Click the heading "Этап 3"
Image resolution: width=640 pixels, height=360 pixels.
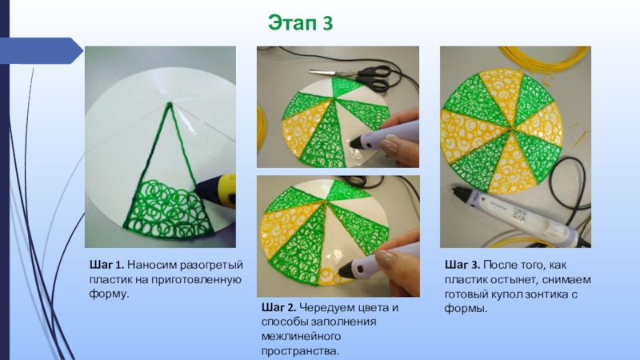(301, 23)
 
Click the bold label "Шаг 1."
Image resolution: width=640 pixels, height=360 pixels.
(106, 265)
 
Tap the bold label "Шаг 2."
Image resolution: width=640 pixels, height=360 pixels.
(278, 307)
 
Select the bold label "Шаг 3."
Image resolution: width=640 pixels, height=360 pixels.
(462, 265)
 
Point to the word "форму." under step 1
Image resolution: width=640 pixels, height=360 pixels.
(109, 294)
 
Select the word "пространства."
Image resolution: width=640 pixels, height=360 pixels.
(300, 351)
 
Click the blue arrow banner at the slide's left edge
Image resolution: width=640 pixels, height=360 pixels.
(41, 50)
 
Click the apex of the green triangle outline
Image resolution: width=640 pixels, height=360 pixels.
(169, 105)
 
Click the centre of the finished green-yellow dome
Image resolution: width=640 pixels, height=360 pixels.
(509, 130)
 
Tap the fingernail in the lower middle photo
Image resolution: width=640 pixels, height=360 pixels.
(384, 259)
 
